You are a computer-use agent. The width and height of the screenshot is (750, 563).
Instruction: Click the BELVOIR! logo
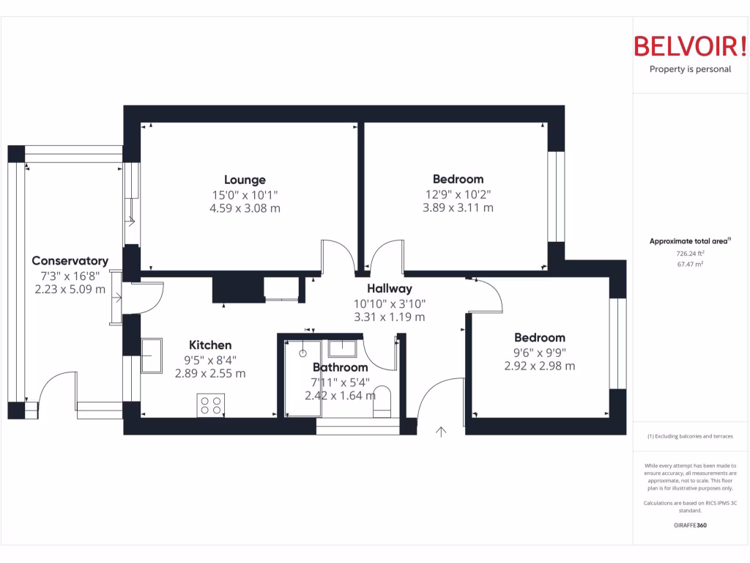click(x=690, y=46)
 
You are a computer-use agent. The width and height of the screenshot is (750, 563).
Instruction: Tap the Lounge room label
click(x=245, y=180)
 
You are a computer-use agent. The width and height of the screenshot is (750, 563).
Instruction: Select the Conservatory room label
click(x=70, y=261)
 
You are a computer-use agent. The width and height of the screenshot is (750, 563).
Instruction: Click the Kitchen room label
click(x=210, y=345)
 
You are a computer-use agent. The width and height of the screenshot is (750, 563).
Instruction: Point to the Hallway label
click(x=389, y=289)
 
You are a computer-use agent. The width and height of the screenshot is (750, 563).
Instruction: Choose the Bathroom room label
click(x=340, y=367)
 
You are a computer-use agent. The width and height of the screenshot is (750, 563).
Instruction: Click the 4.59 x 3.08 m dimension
click(x=245, y=208)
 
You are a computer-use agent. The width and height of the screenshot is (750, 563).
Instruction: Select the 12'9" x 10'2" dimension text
click(x=458, y=194)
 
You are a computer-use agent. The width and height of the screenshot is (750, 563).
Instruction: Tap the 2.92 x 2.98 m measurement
click(x=540, y=366)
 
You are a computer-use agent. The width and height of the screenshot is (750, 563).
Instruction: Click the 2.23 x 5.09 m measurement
click(x=70, y=289)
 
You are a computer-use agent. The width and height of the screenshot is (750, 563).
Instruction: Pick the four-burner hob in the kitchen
click(x=211, y=405)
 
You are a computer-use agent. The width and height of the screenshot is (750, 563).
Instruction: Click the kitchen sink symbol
click(x=152, y=356)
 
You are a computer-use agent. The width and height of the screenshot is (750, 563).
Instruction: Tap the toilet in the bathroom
click(x=382, y=402)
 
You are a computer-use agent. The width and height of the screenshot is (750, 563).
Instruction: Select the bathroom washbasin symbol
click(x=342, y=347)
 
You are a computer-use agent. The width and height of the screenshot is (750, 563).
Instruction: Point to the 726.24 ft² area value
click(x=690, y=253)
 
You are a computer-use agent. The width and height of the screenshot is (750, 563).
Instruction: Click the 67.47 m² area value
click(x=690, y=264)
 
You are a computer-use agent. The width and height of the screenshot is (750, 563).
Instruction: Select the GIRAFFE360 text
click(x=690, y=526)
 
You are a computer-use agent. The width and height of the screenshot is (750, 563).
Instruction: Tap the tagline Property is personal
click(x=690, y=70)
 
